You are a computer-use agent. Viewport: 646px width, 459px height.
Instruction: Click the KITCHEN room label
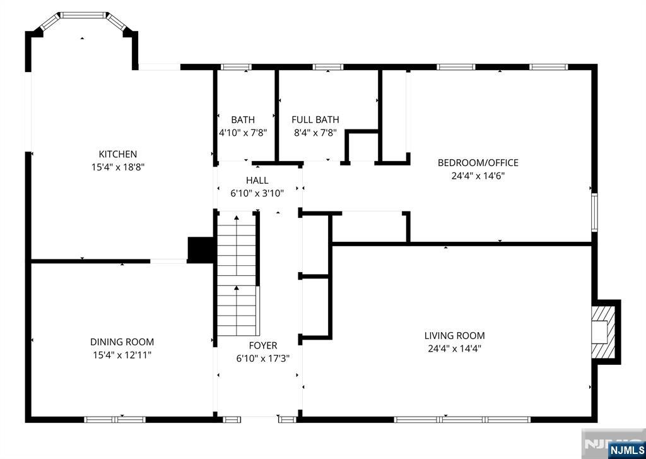coord(117,154)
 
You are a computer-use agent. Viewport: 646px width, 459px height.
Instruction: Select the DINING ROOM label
coord(122,342)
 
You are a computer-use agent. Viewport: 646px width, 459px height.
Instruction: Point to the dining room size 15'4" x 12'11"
coord(122,355)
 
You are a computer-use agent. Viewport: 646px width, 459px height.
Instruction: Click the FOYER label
coord(262,345)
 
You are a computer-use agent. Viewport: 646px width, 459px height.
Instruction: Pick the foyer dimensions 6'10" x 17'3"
coord(262,359)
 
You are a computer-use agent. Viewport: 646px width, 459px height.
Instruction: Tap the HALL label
coord(257,181)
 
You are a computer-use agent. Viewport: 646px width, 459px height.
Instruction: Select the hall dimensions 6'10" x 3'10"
coord(257,193)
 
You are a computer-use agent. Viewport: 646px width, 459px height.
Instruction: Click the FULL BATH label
coord(315,119)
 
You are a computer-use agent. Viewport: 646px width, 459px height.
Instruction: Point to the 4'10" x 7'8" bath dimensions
coord(243,133)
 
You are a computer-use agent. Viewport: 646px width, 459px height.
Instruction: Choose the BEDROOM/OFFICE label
coord(478,163)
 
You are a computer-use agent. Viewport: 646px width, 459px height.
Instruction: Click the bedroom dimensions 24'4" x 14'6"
coord(478,176)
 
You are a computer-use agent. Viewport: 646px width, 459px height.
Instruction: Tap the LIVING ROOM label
coord(454,335)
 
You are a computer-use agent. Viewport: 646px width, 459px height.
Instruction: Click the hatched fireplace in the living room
coord(602,331)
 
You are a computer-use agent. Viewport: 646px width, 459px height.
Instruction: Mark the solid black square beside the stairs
coord(201,249)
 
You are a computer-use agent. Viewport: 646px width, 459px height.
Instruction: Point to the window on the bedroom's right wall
coord(594,213)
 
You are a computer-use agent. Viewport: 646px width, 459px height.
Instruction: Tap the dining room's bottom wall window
coord(115,419)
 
